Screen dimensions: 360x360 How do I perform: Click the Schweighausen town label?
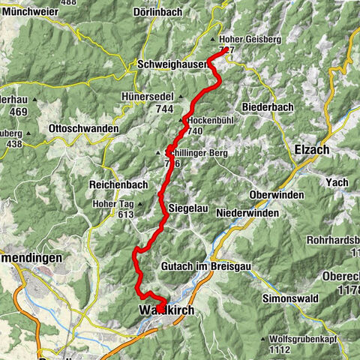pyautogui.click(x=172, y=65)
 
